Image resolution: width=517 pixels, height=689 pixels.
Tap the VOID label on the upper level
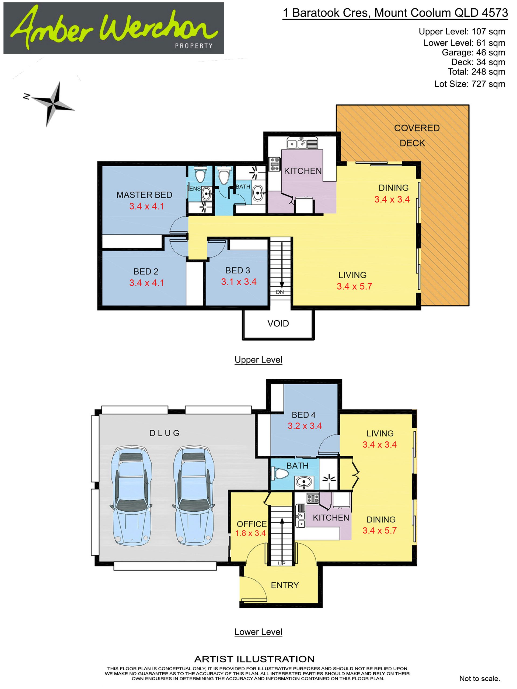(x=278, y=323)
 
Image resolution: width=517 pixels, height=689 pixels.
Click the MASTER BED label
(x=144, y=195)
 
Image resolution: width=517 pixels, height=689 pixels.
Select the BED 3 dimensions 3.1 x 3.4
(x=239, y=282)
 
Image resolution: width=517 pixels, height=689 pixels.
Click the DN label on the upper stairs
(x=280, y=292)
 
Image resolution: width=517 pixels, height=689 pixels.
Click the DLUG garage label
(x=165, y=433)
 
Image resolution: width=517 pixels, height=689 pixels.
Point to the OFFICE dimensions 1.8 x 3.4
(x=250, y=533)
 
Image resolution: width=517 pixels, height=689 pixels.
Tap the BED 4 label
(x=303, y=415)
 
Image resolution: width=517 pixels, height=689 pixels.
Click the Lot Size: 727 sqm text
(x=470, y=84)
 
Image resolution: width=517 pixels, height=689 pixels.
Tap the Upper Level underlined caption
(x=258, y=360)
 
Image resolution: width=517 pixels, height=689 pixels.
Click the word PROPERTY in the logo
(x=194, y=46)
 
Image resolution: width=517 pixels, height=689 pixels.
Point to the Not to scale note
(x=480, y=679)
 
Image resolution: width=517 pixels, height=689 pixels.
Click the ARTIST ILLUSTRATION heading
(x=254, y=659)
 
